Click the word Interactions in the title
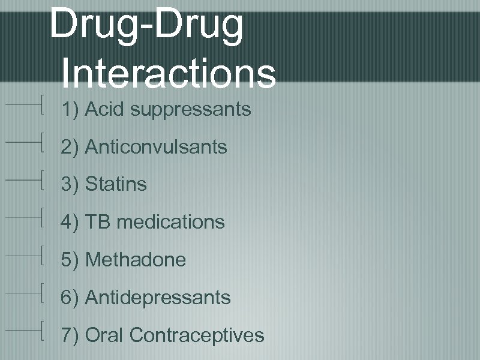pos(168,74)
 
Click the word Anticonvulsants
pos(156,147)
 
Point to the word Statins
pos(116,184)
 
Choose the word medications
pos(170,222)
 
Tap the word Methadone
pos(136,260)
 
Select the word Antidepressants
pos(158,297)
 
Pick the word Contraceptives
pos(196,335)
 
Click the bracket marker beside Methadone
pos(42,255)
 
